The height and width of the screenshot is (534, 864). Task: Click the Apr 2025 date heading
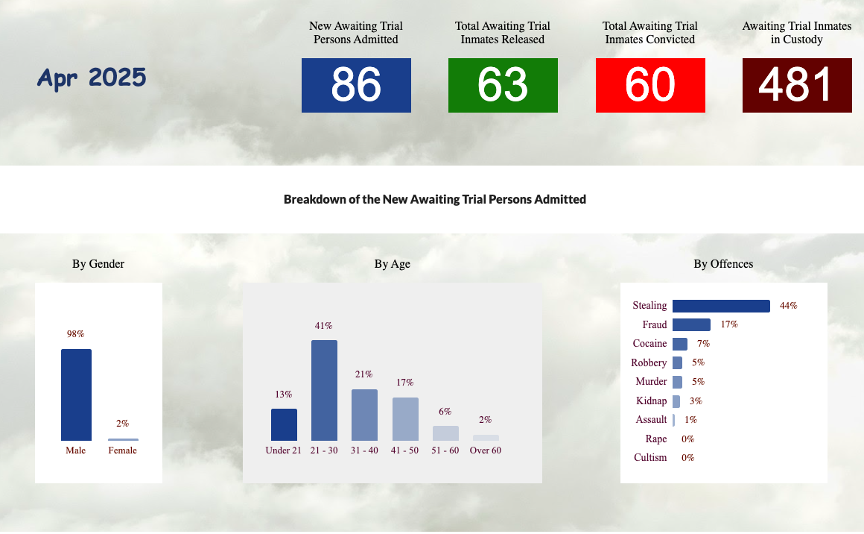(92, 78)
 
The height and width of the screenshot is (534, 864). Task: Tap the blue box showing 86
(356, 86)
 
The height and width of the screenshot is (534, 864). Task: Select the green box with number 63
(503, 86)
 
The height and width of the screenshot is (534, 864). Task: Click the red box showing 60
(650, 86)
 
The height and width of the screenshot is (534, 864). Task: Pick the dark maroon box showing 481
(797, 86)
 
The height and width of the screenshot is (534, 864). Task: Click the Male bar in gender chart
(76, 395)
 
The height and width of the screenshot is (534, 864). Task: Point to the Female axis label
(122, 450)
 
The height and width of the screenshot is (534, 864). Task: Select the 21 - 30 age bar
(324, 391)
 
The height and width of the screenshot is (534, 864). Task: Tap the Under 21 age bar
(284, 425)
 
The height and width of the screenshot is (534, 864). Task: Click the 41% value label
(323, 326)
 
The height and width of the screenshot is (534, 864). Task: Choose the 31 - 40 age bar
(364, 415)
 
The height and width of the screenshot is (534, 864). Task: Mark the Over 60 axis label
(486, 450)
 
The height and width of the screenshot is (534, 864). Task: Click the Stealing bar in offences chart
(721, 307)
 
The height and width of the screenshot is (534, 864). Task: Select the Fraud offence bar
(691, 325)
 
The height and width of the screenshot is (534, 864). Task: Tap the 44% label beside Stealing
(789, 306)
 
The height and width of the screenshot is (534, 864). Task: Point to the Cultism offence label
(650, 457)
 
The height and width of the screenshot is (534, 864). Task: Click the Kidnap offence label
(651, 400)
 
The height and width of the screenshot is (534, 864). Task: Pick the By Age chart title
(393, 264)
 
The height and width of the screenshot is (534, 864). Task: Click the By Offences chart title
(723, 264)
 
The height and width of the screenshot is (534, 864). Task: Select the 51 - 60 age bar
(445, 433)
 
